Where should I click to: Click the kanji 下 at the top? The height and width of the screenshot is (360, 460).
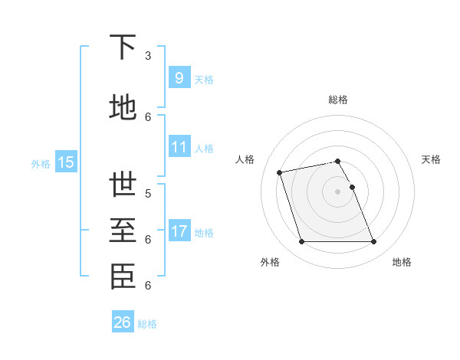coord(123,47)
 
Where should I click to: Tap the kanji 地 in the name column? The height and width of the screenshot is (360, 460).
coord(123,107)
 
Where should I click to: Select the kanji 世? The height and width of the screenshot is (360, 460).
coord(123,185)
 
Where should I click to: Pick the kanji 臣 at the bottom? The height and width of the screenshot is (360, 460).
coord(123,277)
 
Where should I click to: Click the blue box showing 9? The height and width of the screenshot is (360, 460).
coord(179,78)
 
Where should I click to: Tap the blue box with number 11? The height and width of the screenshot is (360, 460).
coord(179,147)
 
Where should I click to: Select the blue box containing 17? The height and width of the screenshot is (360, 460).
coord(179,231)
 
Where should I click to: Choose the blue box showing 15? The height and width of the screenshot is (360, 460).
coord(65,162)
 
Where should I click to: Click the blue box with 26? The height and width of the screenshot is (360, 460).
coord(123,322)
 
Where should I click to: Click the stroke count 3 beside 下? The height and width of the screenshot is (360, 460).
coord(148,55)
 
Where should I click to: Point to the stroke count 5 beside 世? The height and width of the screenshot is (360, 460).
coord(148,193)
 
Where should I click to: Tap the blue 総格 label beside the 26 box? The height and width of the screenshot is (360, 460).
coord(147,323)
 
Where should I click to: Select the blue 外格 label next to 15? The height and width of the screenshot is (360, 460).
coord(41,162)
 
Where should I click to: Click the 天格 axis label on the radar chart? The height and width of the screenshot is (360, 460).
coord(431,159)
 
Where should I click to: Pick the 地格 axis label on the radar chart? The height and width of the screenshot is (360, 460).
coord(402,262)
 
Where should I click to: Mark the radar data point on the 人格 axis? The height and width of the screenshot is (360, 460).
coord(280,172)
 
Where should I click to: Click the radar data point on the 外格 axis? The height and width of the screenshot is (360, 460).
coord(301,242)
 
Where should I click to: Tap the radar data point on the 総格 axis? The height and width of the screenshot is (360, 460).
coord(337,161)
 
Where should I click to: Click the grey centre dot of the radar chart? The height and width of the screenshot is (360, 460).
coord(337,191)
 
